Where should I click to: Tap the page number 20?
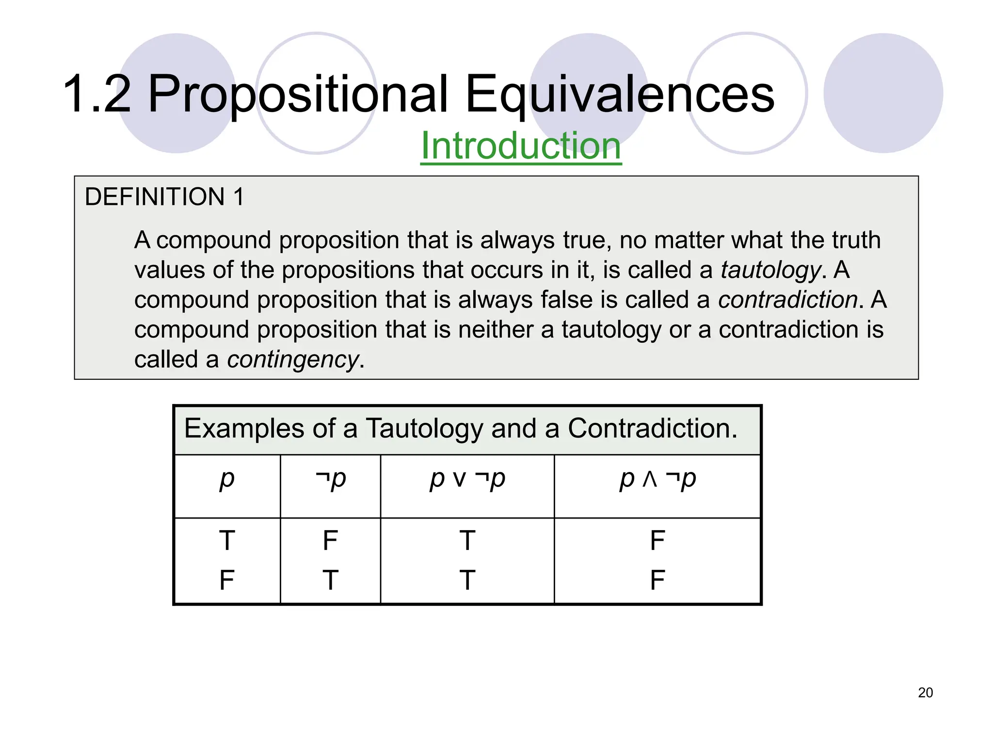click(x=925, y=693)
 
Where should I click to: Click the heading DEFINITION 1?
click(x=164, y=197)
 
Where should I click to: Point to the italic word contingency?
click(x=293, y=360)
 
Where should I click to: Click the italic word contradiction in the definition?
click(x=788, y=300)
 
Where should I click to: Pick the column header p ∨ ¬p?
click(x=467, y=479)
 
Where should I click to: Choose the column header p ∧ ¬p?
click(x=657, y=479)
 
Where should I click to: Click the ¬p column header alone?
click(x=331, y=479)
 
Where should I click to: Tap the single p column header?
click(x=227, y=479)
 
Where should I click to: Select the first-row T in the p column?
click(x=227, y=540)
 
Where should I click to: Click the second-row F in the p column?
click(x=227, y=580)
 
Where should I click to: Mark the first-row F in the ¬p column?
click(x=330, y=540)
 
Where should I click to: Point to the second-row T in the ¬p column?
click(x=330, y=580)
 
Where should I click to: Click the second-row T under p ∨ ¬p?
click(x=467, y=580)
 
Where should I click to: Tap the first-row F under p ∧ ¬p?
click(x=657, y=540)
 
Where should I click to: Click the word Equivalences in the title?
click(x=620, y=94)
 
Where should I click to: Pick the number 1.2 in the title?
click(x=97, y=94)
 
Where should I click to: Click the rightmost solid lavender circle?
click(x=883, y=93)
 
